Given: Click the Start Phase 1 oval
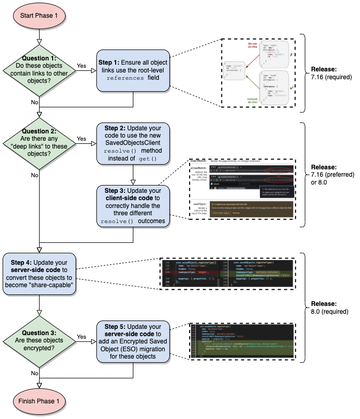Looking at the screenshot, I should coord(39,16).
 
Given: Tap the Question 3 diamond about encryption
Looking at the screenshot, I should coord(39,341).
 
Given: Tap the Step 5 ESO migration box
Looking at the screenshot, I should coord(133,341).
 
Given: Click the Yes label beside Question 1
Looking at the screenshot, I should coord(82,66).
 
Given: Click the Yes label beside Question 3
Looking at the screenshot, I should coord(82,337).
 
